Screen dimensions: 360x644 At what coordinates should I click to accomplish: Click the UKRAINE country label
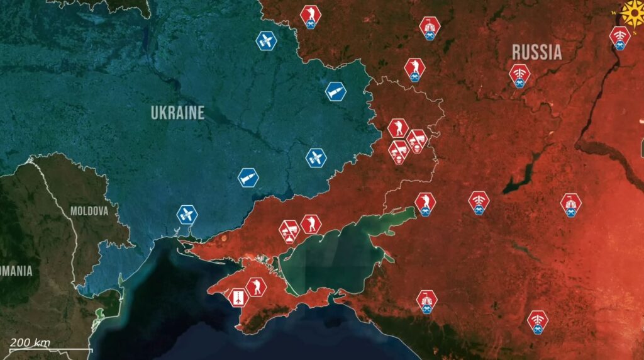[x=177, y=113]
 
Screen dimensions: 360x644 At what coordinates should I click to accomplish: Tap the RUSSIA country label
[x=536, y=52]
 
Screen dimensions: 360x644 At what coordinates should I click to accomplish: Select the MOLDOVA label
[x=89, y=211]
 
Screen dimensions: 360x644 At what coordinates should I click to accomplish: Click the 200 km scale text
[x=30, y=342]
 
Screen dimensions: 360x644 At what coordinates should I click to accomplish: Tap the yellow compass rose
[x=632, y=11]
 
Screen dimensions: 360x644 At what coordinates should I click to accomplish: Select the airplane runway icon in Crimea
[x=238, y=297]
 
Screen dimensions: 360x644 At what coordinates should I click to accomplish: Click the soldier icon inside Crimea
[x=256, y=287]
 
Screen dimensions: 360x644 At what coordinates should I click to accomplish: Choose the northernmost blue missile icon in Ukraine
[x=267, y=42]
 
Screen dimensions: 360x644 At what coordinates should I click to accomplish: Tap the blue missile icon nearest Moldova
[x=187, y=215]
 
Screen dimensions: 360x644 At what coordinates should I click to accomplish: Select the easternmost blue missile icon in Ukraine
[x=316, y=157]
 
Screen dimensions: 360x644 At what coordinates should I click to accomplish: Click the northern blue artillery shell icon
[x=336, y=91]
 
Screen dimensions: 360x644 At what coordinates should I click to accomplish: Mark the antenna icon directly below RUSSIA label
[x=519, y=74]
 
